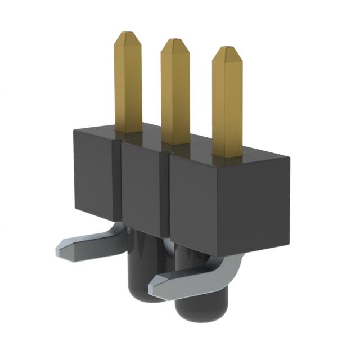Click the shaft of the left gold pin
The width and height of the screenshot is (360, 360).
click(x=128, y=84)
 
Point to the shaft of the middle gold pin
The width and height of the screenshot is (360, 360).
click(x=175, y=93)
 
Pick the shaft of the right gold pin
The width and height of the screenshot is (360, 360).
click(x=227, y=104)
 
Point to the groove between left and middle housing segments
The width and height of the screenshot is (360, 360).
click(x=119, y=180)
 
